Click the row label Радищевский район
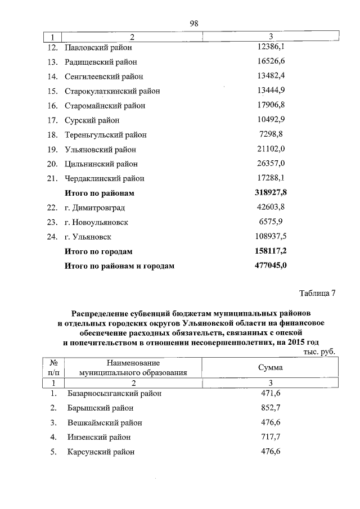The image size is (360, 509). tap(101, 62)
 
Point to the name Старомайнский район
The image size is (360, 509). tap(105, 106)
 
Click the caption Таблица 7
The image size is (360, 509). tap(318, 294)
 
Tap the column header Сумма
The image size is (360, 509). tap(271, 367)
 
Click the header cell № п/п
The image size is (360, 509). tap(55, 367)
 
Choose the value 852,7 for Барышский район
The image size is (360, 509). tap(271, 408)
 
